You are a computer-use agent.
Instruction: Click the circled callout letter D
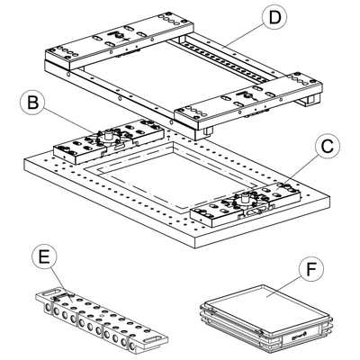point(274,18)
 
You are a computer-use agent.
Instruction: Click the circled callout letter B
point(32,103)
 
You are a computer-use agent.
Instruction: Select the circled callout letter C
point(328,147)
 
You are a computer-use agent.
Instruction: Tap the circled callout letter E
point(44,256)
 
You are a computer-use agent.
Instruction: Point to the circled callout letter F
point(312,269)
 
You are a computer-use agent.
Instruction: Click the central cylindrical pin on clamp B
point(109,138)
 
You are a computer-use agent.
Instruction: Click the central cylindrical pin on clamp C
point(246,199)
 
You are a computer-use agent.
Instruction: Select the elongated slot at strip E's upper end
point(51,292)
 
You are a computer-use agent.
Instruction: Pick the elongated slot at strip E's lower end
point(153,339)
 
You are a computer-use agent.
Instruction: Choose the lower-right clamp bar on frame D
point(249,101)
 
